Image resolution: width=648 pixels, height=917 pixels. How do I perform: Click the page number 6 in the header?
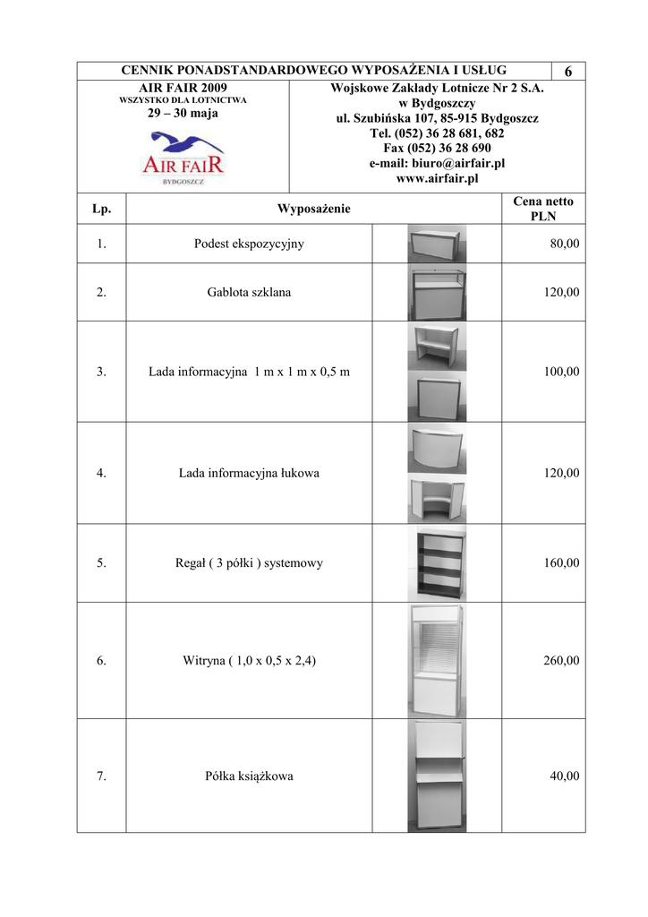pyautogui.click(x=569, y=72)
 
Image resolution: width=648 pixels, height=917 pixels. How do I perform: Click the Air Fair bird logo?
pyautogui.click(x=183, y=157)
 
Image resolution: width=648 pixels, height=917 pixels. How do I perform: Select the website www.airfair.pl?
pyautogui.click(x=437, y=179)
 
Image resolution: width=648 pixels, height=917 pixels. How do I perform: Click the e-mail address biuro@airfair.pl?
pyautogui.click(x=437, y=164)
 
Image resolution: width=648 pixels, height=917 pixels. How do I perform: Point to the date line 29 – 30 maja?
pyautogui.click(x=183, y=114)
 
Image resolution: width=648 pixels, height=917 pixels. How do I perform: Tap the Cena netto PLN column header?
pyautogui.click(x=543, y=209)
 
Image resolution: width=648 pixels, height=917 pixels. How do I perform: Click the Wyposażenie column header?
pyautogui.click(x=313, y=210)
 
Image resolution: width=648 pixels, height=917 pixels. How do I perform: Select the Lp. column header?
pyautogui.click(x=101, y=210)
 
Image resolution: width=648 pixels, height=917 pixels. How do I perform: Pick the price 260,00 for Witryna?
pyautogui.click(x=561, y=661)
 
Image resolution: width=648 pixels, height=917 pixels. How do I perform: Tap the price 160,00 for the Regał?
pyautogui.click(x=561, y=563)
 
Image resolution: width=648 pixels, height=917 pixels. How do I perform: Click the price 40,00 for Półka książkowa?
pyautogui.click(x=564, y=776)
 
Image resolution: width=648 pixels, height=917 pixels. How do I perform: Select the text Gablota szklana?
pyautogui.click(x=249, y=292)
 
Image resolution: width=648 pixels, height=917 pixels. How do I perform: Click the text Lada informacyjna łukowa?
pyautogui.click(x=249, y=473)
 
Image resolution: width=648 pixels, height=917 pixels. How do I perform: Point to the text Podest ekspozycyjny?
pyautogui.click(x=249, y=244)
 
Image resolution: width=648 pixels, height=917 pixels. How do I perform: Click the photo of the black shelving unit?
pyautogui.click(x=437, y=563)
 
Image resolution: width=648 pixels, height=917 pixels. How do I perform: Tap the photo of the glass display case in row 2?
pyautogui.click(x=437, y=292)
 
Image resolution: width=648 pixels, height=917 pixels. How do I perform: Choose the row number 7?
pyautogui.click(x=101, y=776)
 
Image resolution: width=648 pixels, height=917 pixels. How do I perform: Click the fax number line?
pyautogui.click(x=437, y=149)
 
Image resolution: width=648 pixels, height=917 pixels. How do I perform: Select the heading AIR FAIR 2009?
pyautogui.click(x=183, y=88)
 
